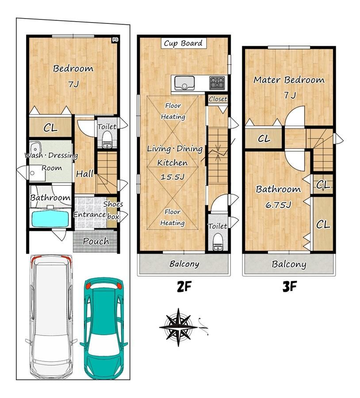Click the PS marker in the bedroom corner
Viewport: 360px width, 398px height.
point(115,40)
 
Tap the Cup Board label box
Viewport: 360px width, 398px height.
point(184,43)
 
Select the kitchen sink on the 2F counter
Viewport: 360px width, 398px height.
point(184,83)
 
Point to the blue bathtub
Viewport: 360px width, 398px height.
point(50,219)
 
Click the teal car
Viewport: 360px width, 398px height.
point(104,328)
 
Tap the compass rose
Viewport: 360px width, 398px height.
point(179,327)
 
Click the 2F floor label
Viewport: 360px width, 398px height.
point(184,287)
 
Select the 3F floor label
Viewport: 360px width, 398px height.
point(289,287)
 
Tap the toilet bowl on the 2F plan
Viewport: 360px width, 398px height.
point(218,241)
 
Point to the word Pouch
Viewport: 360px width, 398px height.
point(96,241)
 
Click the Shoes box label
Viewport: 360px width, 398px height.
point(113,210)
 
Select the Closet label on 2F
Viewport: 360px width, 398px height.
point(218,99)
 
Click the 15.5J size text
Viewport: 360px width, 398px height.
point(172,176)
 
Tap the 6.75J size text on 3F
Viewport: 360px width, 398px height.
point(278,205)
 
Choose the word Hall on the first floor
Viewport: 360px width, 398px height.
point(85,174)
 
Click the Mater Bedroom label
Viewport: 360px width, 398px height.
point(289,80)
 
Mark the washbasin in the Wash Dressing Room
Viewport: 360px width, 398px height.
point(36,147)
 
